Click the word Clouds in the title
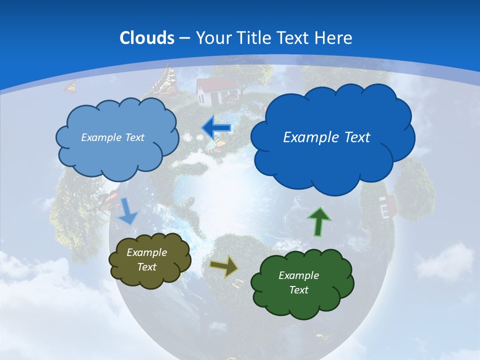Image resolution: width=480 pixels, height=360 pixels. pyautogui.click(x=147, y=38)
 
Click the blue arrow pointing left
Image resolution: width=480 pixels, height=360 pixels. pyautogui.click(x=216, y=128)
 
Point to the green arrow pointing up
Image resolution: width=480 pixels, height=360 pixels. pyautogui.click(x=319, y=221)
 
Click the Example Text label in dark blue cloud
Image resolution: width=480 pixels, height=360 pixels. pyautogui.click(x=326, y=137)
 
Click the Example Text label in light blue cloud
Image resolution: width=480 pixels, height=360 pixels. pyautogui.click(x=112, y=137)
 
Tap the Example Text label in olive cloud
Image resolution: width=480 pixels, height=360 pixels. pyautogui.click(x=147, y=259)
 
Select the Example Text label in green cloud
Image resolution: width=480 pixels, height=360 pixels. pyautogui.click(x=298, y=282)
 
